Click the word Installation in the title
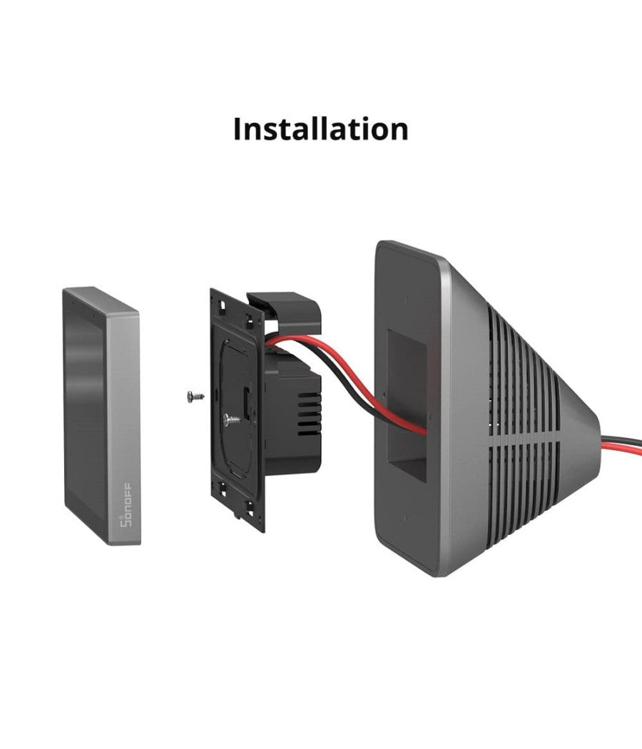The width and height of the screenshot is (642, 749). [321, 129]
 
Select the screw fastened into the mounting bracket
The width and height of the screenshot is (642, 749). [230, 421]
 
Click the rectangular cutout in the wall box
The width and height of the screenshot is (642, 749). [407, 407]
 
